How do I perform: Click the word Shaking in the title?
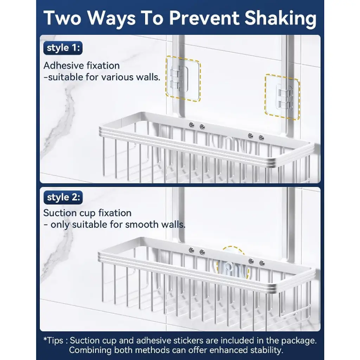[280, 19]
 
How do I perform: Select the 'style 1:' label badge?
[63, 48]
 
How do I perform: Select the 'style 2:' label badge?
[63, 197]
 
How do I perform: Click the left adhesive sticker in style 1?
[183, 78]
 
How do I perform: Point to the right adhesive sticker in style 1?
[282, 97]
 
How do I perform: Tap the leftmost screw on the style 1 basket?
[191, 125]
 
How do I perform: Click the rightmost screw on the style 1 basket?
[261, 137]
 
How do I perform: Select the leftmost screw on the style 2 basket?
[191, 250]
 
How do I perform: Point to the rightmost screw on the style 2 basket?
[262, 263]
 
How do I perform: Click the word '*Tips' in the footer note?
[53, 340]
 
